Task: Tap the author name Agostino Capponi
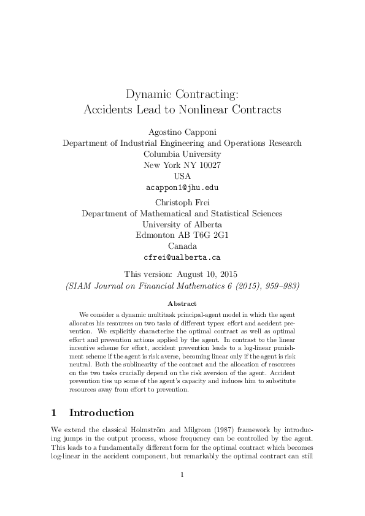[x=182, y=132]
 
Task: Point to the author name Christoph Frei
[x=182, y=202]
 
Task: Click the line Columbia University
[x=182, y=154]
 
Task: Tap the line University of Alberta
[x=182, y=224]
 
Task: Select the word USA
[x=182, y=176]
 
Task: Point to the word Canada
[x=182, y=246]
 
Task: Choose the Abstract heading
[x=182, y=303]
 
